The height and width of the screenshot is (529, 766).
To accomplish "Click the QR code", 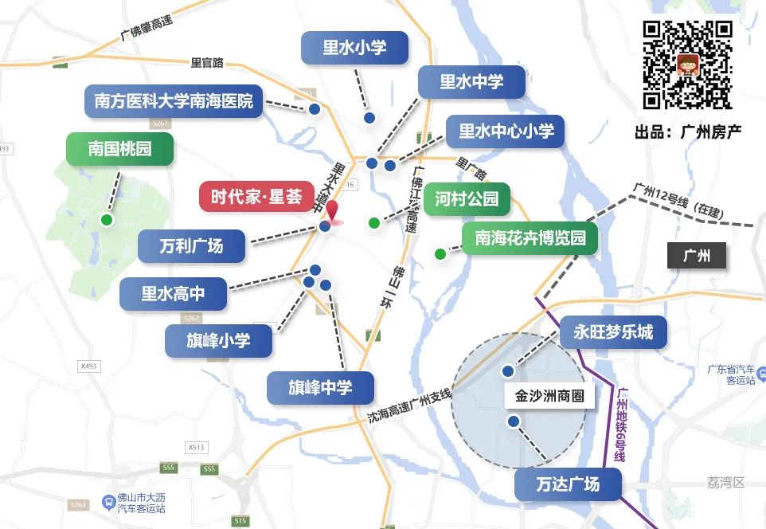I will [x=687, y=65].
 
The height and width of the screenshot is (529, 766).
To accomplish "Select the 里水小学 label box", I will [x=354, y=48].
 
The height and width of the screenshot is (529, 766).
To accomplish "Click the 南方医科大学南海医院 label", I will [x=173, y=101].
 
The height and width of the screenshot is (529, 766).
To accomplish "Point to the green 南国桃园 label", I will [x=119, y=148].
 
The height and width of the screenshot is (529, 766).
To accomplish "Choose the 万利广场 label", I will [x=191, y=246].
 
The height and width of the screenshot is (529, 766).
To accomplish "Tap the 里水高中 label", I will [x=173, y=294].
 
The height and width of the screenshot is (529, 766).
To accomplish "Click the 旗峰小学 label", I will [x=218, y=341].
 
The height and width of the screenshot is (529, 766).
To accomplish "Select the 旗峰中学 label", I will [x=320, y=388].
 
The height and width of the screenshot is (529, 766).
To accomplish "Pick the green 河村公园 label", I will [x=467, y=199].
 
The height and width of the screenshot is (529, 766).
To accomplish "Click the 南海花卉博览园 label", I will [x=530, y=238].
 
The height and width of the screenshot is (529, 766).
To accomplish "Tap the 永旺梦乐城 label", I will [x=613, y=332].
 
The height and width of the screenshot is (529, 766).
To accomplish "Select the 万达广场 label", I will [x=568, y=484].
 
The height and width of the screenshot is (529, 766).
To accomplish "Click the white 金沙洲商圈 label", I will [x=549, y=395].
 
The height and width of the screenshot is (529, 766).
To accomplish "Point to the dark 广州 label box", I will [x=697, y=257].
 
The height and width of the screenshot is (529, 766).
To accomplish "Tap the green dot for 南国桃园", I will [x=106, y=220].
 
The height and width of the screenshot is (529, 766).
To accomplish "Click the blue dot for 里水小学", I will [x=369, y=118].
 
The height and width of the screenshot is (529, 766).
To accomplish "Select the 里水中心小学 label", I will [x=506, y=131].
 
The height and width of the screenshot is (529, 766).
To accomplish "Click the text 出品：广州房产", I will [x=688, y=131].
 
